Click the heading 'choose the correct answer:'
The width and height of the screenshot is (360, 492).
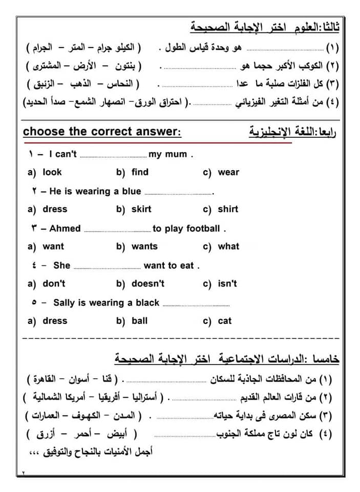tap(102, 132)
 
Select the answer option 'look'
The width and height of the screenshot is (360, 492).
tap(52, 172)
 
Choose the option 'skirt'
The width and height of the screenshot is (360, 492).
tap(141, 209)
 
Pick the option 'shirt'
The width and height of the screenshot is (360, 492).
tap(228, 209)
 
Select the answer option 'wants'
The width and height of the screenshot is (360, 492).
tap(144, 247)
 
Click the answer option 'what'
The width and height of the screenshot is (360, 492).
tap(228, 247)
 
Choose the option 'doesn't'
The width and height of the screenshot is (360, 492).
tap(148, 283)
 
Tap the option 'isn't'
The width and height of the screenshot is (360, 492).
tap(227, 283)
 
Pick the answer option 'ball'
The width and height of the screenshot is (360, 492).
tap(139, 321)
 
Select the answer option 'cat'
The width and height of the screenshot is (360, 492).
tap(225, 321)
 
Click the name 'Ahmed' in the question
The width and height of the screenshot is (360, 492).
tap(65, 229)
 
